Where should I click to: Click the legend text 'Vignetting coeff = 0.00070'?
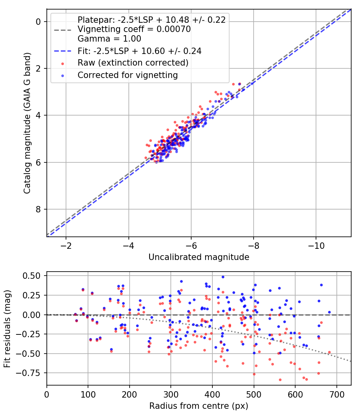[134, 29]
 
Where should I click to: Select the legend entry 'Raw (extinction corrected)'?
[133, 63]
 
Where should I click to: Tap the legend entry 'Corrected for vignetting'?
[128, 75]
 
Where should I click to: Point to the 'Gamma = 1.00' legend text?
[109, 39]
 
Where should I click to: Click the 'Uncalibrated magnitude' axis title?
[199, 257]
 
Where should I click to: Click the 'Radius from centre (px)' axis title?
[199, 406]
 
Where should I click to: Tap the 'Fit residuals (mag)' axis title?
[7, 328]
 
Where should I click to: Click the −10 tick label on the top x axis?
[316, 244]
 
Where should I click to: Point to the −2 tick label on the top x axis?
[66, 244]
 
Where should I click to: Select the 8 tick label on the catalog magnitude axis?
[39, 209]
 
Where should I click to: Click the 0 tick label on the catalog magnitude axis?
[39, 22]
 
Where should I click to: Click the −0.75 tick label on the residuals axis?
[30, 373]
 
